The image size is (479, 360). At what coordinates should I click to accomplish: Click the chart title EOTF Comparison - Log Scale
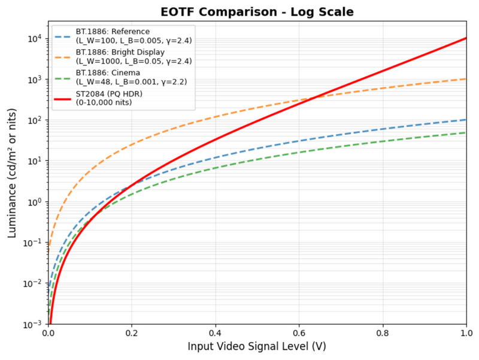click(x=257, y=11)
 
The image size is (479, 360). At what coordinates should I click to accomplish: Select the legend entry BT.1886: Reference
click(x=113, y=32)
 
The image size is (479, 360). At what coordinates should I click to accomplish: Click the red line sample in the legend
click(x=63, y=97)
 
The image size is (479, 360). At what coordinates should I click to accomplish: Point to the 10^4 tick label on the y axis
click(x=33, y=38)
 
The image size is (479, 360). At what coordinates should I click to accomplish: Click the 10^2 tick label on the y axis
click(x=33, y=120)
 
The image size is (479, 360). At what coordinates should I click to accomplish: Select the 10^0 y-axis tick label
click(x=33, y=202)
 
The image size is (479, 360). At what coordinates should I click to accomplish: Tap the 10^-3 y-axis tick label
click(x=31, y=324)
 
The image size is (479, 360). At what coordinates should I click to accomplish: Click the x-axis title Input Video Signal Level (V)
click(x=257, y=347)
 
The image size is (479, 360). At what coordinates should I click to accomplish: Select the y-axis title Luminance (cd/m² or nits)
click(x=12, y=181)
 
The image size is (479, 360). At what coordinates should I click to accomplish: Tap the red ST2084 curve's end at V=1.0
click(x=466, y=38)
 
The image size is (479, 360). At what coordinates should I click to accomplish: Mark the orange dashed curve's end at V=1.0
click(x=466, y=79)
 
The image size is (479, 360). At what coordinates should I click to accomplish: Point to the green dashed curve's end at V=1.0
click(x=466, y=133)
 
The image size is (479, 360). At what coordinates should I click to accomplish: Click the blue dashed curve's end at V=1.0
click(x=466, y=120)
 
